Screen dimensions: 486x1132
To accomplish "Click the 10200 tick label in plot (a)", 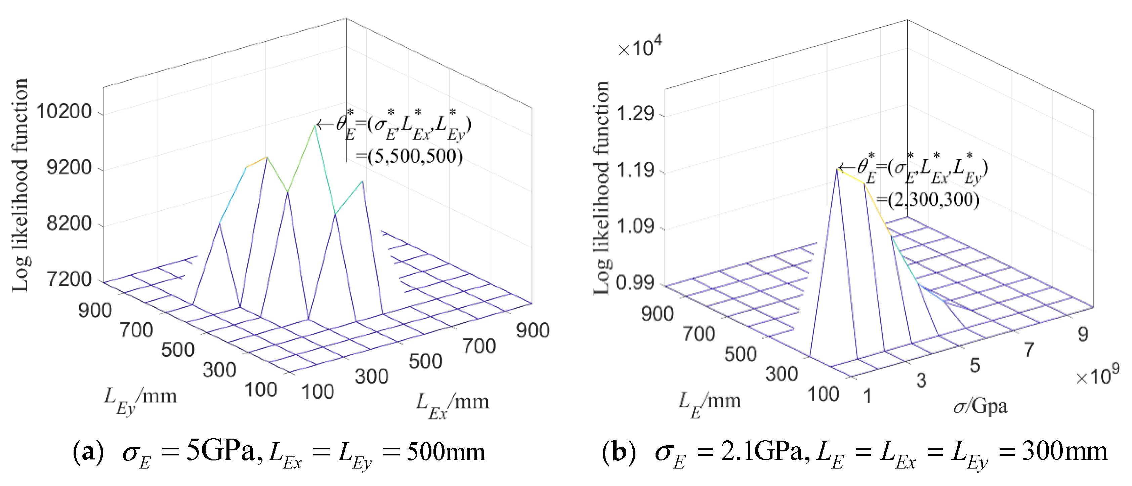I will (64, 112).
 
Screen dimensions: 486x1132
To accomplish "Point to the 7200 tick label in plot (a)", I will (69, 280).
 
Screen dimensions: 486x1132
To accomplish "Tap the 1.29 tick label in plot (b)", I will (636, 114).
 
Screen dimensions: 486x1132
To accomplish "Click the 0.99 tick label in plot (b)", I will (635, 283).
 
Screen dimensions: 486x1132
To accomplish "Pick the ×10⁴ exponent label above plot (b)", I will (639, 47).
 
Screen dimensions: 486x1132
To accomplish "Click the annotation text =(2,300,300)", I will (928, 200).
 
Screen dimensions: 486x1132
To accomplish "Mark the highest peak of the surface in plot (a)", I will (315, 126).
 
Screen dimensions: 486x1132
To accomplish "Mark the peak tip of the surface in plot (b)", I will (837, 169).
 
